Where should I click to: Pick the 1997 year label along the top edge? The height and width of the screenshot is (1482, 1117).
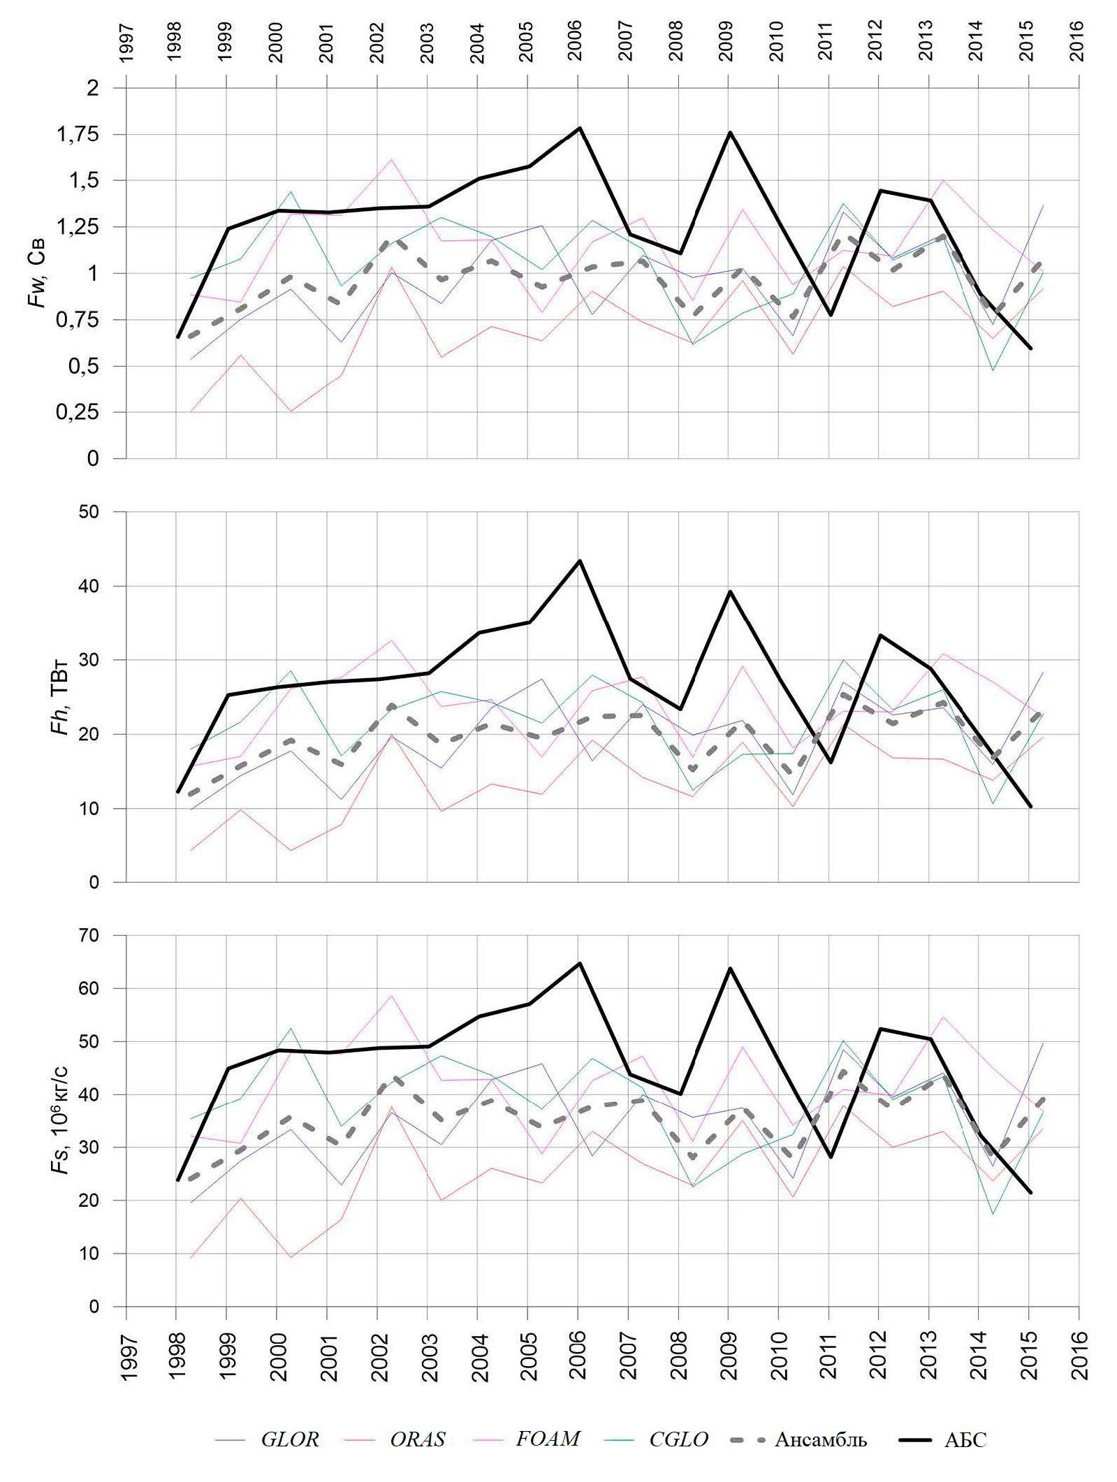tap(126, 43)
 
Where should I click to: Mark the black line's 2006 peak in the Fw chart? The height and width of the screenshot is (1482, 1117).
tap(579, 128)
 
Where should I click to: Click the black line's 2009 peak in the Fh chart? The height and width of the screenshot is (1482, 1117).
tap(729, 592)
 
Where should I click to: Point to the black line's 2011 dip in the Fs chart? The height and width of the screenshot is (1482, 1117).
tap(830, 1157)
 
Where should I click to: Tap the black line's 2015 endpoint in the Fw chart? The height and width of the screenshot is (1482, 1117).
tap(1030, 348)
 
